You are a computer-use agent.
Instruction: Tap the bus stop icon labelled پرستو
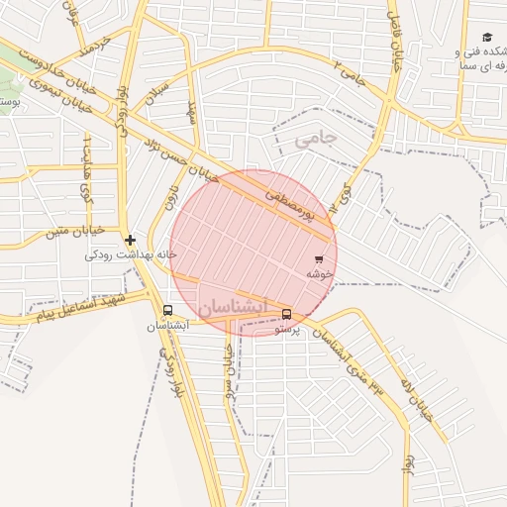pos(287,314)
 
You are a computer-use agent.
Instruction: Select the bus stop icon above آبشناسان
pos(165,310)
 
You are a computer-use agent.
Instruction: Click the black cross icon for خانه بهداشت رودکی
pos(130,240)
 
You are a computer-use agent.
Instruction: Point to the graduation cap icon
pos(487,37)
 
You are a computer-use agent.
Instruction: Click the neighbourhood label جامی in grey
pos(316,140)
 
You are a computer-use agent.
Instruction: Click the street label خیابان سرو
pos(228,368)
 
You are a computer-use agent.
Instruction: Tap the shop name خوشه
pos(317,273)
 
